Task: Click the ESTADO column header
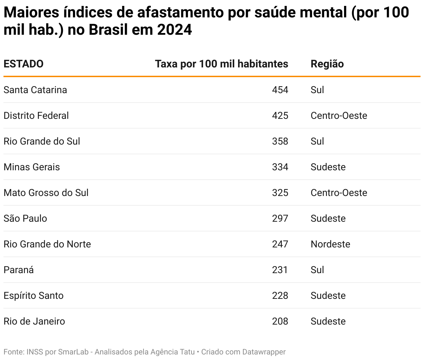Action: pyautogui.click(x=23, y=64)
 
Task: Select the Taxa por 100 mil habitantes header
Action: pyautogui.click(x=221, y=64)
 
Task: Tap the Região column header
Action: pyautogui.click(x=327, y=64)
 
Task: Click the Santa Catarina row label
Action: pyautogui.click(x=35, y=90)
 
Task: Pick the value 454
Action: pyautogui.click(x=280, y=90)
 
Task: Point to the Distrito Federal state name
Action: pyautogui.click(x=36, y=115)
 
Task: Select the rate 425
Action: pyautogui.click(x=280, y=115)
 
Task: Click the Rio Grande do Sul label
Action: pyautogui.click(x=42, y=141)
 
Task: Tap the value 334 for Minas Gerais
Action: pyautogui.click(x=280, y=167)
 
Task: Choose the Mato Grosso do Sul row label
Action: pyautogui.click(x=46, y=193)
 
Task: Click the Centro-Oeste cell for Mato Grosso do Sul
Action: pyautogui.click(x=339, y=193)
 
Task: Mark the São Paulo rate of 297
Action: pyautogui.click(x=280, y=218)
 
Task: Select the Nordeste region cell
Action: pyautogui.click(x=330, y=244)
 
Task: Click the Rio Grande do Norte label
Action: pyautogui.click(x=47, y=244)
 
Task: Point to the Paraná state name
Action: pyautogui.click(x=18, y=270)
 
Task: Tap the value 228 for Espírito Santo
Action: pyautogui.click(x=280, y=295)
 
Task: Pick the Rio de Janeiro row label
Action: pyautogui.click(x=34, y=321)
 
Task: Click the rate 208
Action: pyautogui.click(x=280, y=321)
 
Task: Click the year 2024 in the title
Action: pyautogui.click(x=174, y=30)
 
